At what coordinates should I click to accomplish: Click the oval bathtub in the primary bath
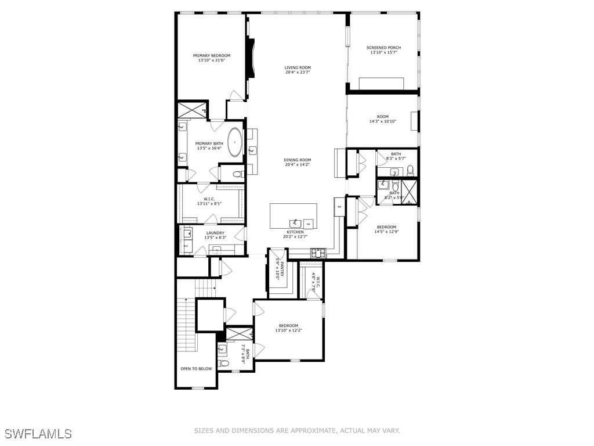pyautogui.click(x=235, y=142)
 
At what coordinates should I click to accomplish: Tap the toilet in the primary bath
pyautogui.click(x=238, y=174)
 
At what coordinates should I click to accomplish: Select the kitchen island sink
pyautogui.click(x=295, y=222)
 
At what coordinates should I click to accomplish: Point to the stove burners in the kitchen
pyautogui.click(x=318, y=253)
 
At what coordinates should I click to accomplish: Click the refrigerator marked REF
pyautogui.click(x=339, y=206)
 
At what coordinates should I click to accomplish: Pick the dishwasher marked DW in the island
pyautogui.click(x=309, y=224)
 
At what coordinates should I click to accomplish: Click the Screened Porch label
pyautogui.click(x=383, y=48)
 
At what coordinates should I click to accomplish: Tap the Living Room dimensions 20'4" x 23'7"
pyautogui.click(x=298, y=73)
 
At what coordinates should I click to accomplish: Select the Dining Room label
pyautogui.click(x=298, y=160)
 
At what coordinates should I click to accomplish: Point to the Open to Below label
pyautogui.click(x=197, y=368)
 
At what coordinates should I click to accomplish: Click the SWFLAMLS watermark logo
pyautogui.click(x=38, y=433)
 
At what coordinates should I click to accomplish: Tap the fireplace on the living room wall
pyautogui.click(x=250, y=58)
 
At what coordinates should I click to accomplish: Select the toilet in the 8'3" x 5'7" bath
pyautogui.click(x=410, y=170)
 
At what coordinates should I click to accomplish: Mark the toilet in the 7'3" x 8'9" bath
pyautogui.click(x=225, y=363)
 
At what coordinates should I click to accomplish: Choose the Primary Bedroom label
pyautogui.click(x=212, y=56)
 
